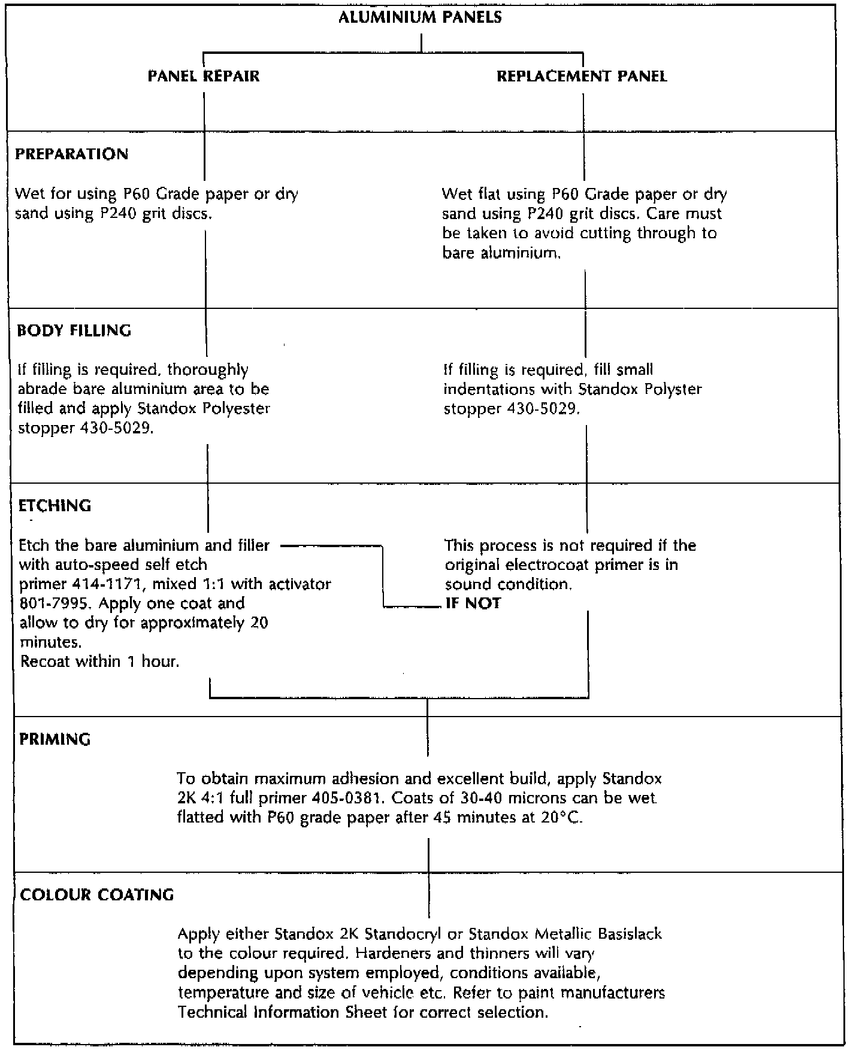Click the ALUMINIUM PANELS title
tap(420, 17)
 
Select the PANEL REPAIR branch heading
tap(204, 76)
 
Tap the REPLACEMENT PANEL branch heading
tap(582, 76)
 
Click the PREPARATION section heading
tap(71, 154)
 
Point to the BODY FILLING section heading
tap(74, 330)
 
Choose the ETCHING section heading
tap(55, 505)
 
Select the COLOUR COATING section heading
tap(97, 894)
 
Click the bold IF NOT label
tap(473, 603)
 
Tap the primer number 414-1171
tap(106, 584)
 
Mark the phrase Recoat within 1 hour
tap(100, 661)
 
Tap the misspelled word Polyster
tap(673, 389)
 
